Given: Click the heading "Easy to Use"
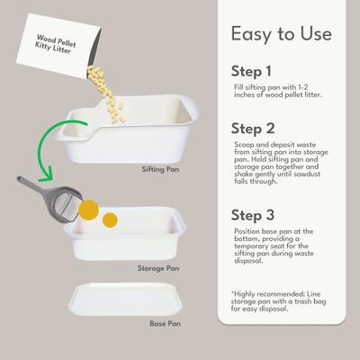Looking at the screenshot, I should click(x=281, y=35).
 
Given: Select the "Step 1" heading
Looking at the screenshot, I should click(x=256, y=70).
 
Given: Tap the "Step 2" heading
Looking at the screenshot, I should click(x=257, y=128).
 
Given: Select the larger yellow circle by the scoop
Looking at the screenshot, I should click(x=88, y=210).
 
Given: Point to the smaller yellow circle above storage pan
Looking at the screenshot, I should click(x=111, y=219).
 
